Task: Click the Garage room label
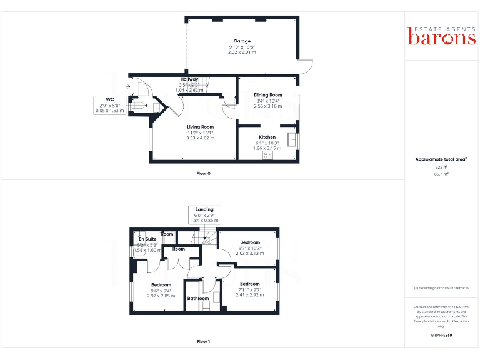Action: (242, 41)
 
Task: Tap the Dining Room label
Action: (267, 95)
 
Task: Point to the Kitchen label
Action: (267, 137)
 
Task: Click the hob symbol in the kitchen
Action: (267, 155)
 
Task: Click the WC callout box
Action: (109, 105)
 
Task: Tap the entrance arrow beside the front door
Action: (128, 87)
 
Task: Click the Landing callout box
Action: (204, 214)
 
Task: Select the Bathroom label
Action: (198, 299)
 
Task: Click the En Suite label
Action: (147, 239)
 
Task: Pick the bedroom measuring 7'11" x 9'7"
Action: (249, 284)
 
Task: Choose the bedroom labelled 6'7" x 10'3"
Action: (250, 242)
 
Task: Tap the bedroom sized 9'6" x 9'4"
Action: (161, 285)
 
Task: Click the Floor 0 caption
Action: (203, 172)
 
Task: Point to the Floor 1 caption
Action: (203, 342)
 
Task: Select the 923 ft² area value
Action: (442, 167)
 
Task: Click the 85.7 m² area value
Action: (442, 174)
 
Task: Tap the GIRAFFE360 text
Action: (441, 336)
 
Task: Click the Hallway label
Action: (189, 79)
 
